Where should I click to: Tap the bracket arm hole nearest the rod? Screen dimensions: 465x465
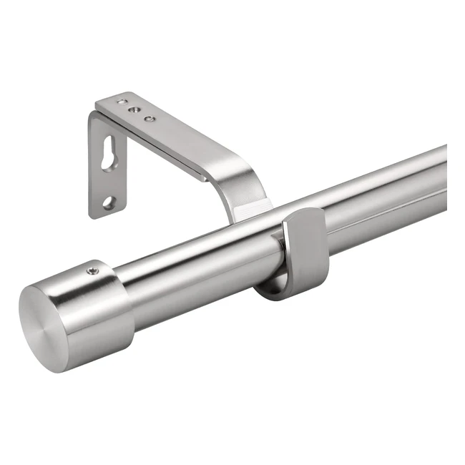pyautogui.click(x=149, y=118)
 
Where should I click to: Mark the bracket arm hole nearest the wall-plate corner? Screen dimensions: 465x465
pyautogui.click(x=122, y=102)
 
